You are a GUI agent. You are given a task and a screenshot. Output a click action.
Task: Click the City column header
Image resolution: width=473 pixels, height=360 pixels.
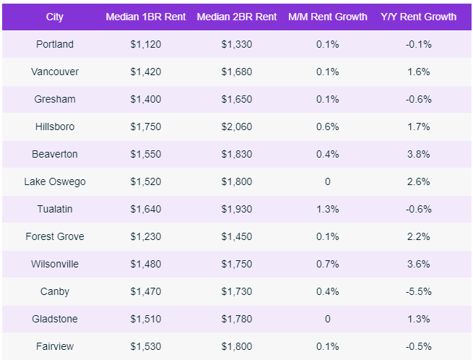[x=54, y=17]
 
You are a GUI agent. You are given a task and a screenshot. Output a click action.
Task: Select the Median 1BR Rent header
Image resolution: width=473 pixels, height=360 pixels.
[x=144, y=17]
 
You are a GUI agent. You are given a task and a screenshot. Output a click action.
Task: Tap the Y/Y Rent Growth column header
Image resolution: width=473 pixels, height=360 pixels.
[x=418, y=17]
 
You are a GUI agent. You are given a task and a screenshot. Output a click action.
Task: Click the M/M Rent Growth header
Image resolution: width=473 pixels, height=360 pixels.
[x=327, y=17]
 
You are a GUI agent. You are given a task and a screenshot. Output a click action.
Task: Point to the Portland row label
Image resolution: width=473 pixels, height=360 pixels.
[x=55, y=44]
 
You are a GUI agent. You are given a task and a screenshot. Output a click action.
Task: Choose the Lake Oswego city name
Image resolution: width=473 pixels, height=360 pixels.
[x=55, y=181]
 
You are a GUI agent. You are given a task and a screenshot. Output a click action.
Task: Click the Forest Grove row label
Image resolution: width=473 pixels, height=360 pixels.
[x=55, y=236]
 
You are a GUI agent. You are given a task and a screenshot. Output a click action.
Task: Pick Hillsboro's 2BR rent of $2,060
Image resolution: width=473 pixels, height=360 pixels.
[x=237, y=127]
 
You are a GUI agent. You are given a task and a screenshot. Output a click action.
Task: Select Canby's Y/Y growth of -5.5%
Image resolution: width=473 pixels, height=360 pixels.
[x=418, y=291]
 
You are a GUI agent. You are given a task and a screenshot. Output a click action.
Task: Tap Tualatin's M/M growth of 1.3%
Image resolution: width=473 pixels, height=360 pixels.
[x=327, y=209]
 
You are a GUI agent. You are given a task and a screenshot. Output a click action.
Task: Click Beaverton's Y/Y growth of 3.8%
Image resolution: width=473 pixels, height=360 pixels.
[x=418, y=154]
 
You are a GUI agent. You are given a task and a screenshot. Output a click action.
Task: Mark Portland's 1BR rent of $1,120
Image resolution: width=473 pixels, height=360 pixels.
[x=144, y=44]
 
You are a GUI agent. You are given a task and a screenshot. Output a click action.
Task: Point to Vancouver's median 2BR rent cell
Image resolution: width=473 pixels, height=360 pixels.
[x=237, y=72]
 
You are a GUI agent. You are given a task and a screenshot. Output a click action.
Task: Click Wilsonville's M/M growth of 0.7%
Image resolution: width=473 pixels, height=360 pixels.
[x=327, y=264]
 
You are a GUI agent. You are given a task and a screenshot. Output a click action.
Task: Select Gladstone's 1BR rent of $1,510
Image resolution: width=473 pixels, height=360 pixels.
[x=144, y=319]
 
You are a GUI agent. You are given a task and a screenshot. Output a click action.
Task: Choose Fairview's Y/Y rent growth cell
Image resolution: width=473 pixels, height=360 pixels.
[x=418, y=346]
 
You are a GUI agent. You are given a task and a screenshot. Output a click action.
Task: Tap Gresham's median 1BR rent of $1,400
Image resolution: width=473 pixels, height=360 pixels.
[x=144, y=99]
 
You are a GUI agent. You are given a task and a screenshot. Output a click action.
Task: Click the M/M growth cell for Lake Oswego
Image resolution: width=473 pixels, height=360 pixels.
[x=327, y=181]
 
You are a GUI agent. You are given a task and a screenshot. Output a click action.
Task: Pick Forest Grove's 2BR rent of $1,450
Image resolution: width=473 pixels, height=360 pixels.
[x=237, y=236]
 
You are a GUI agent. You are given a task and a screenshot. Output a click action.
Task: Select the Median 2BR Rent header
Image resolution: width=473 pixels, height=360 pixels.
[x=237, y=17]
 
